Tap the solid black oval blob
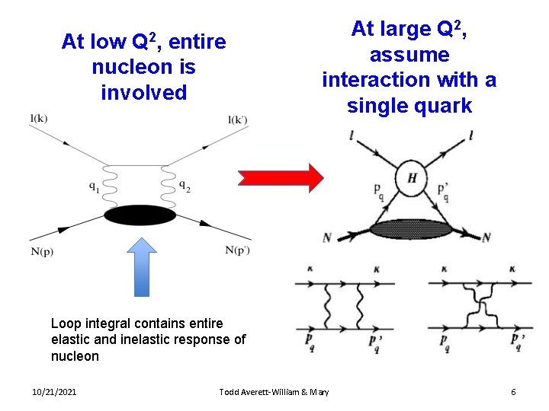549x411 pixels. pos(140,216)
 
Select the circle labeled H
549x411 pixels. pos(410,178)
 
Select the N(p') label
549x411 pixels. pos(238,250)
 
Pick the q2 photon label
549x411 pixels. pos(185,185)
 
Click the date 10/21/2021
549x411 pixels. pos(54,392)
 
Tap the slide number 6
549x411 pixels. pos(513,392)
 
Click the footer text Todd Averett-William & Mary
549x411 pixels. pos(274,392)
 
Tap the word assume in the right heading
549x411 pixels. pos(409,55)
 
